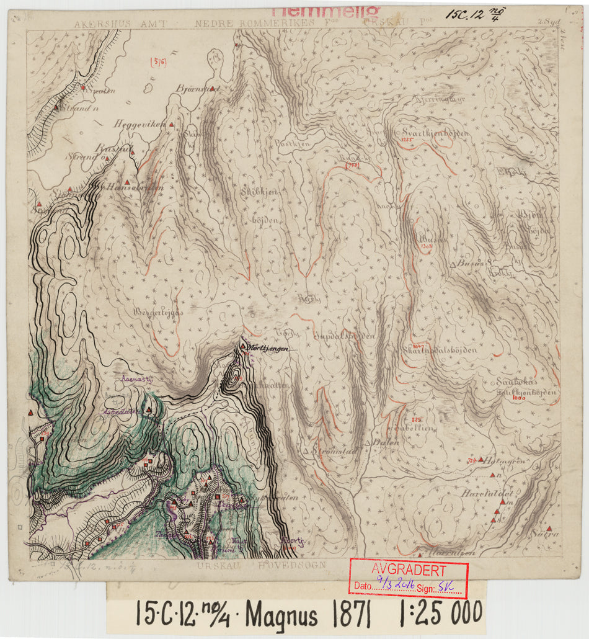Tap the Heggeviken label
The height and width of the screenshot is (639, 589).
[139, 124]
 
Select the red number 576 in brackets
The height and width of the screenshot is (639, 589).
[159, 61]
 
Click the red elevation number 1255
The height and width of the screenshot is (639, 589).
[407, 140]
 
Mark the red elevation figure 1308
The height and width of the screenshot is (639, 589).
[426, 247]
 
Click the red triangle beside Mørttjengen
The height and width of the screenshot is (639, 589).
[242, 345]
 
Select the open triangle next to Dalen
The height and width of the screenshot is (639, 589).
[368, 443]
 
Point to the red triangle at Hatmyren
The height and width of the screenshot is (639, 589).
[480, 460]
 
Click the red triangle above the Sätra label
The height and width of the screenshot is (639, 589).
[549, 528]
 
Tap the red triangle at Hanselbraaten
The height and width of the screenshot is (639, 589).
[126, 181]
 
